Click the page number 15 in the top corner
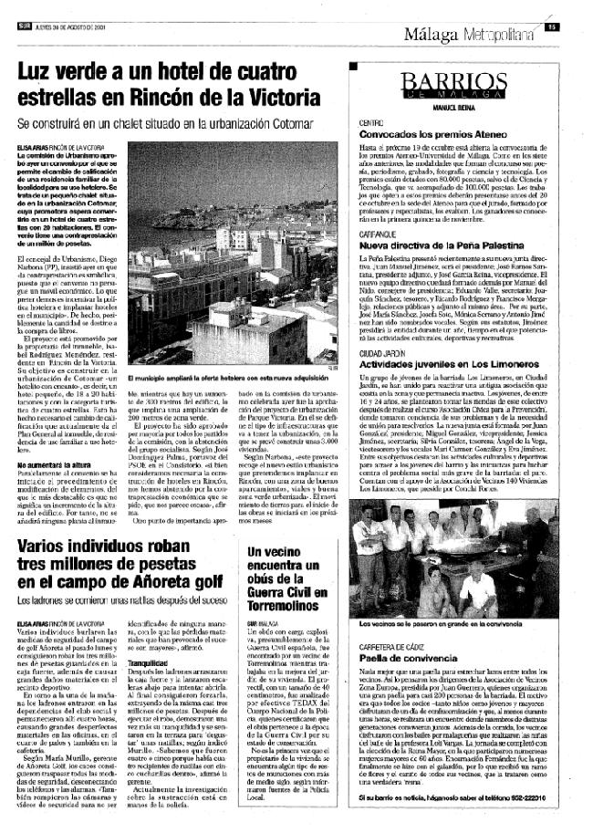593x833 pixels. coord(553,26)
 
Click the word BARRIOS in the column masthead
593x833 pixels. coord(453,80)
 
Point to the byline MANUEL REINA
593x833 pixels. coord(453,107)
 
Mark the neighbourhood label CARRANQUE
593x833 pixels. coord(376,234)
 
